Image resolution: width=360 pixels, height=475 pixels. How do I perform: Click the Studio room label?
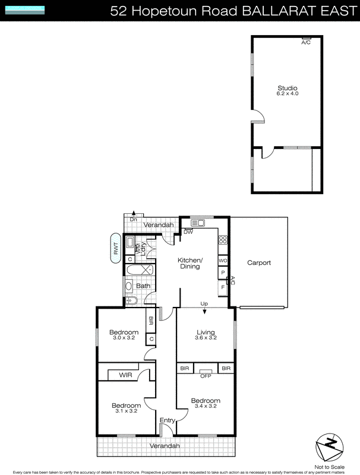(287, 88)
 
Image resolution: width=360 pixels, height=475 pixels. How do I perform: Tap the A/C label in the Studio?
(306, 43)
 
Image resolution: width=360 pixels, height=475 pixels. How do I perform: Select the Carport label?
(259, 262)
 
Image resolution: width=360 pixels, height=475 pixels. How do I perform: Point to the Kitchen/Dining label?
(190, 264)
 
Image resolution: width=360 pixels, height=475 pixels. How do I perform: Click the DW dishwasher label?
(188, 232)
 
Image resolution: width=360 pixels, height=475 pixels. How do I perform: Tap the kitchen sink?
(197, 223)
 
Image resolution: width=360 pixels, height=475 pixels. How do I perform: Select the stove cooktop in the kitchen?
(223, 240)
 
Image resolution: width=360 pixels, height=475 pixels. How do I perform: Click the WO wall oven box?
(223, 261)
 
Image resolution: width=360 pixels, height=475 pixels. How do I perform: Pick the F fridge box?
(223, 287)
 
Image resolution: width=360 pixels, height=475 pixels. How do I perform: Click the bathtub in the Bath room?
(140, 270)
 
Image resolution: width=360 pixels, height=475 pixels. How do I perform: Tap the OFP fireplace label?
(206, 375)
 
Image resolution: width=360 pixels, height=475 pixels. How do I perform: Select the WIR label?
(125, 375)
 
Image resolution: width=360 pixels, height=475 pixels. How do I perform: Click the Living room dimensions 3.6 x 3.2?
(206, 338)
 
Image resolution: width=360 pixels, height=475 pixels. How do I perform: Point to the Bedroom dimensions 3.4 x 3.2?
(206, 407)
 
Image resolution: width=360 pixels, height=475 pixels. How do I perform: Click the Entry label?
(168, 420)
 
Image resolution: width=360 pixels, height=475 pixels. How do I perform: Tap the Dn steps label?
(134, 220)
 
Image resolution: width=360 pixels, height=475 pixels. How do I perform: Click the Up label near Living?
(204, 305)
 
